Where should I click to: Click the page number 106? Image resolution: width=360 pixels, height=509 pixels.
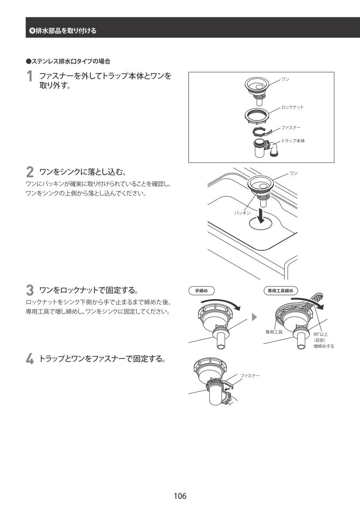(180, 496)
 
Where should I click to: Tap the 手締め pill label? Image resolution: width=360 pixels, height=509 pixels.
(201, 291)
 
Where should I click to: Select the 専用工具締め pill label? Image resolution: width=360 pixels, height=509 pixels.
(281, 291)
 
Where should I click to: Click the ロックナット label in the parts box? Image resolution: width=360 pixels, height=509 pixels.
(293, 107)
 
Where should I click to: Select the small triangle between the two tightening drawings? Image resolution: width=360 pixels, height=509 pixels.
(254, 316)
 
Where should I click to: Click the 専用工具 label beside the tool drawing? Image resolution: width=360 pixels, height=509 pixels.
(275, 332)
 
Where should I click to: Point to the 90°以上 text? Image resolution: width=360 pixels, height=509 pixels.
(320, 334)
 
